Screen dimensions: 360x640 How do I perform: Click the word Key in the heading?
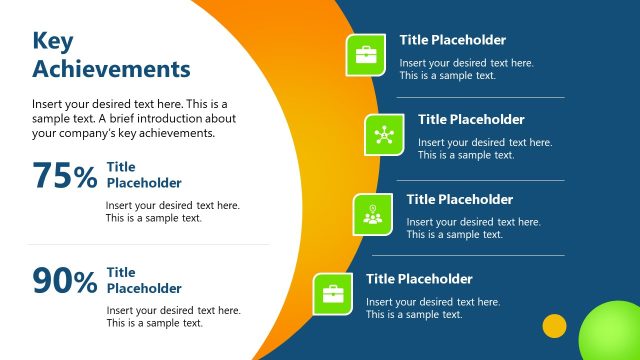(54, 41)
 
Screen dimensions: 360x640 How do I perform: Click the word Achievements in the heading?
(111, 69)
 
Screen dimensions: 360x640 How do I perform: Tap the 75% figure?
(65, 176)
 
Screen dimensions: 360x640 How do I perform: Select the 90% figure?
(65, 281)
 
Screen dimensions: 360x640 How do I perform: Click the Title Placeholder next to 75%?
(144, 175)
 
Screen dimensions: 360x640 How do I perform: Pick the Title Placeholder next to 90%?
(144, 280)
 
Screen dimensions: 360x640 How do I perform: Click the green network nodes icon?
(384, 134)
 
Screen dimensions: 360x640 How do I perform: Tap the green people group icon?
(372, 214)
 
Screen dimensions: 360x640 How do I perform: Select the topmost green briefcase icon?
(366, 54)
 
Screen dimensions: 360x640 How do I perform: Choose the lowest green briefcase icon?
(333, 293)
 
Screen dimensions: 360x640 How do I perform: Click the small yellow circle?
(554, 326)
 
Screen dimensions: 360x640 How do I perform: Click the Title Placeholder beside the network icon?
(471, 120)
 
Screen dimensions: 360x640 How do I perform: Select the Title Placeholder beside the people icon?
(459, 200)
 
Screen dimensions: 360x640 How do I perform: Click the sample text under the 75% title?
(172, 212)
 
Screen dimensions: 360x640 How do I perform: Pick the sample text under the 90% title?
(173, 317)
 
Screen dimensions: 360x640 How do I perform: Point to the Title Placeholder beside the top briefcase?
(453, 41)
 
